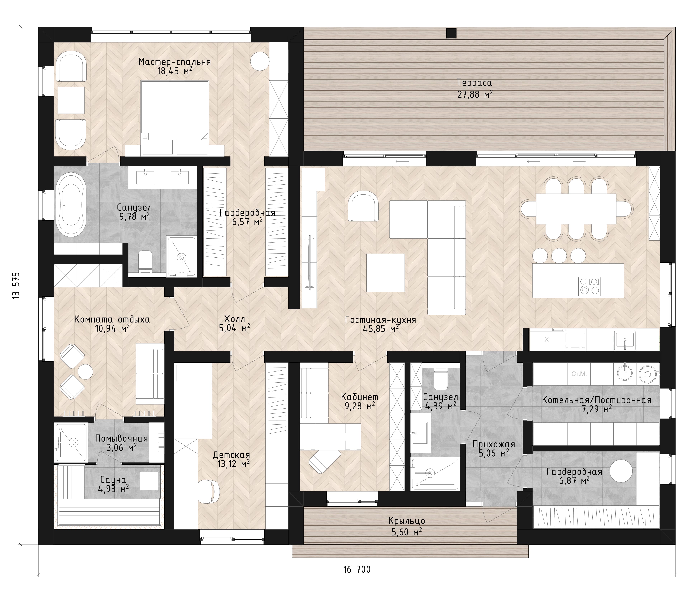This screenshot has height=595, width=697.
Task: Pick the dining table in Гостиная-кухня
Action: click(576, 209)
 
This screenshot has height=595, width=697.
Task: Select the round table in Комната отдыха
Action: click(85, 372)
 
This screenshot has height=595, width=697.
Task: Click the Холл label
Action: click(234, 319)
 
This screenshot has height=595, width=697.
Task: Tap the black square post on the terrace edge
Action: click(451, 33)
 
